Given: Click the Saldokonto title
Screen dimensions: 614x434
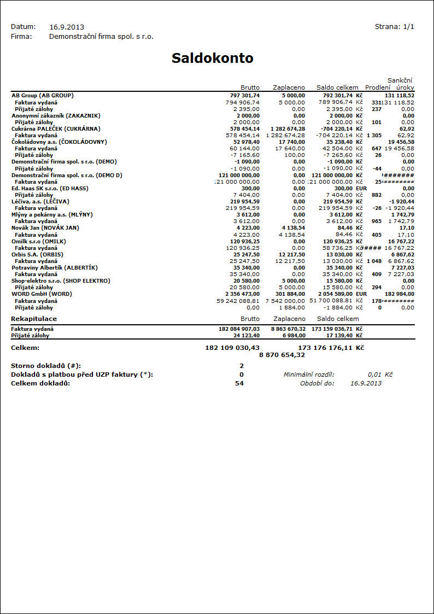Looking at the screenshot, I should (x=213, y=59).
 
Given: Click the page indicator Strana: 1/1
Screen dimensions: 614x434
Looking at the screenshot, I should (x=394, y=26).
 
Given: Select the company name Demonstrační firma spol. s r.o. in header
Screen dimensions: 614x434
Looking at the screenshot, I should (x=101, y=37).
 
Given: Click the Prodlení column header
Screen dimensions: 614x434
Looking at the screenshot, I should (x=378, y=87).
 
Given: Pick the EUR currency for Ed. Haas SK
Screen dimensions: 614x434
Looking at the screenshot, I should (x=361, y=188).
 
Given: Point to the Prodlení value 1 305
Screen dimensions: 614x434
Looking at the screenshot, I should (x=374, y=135).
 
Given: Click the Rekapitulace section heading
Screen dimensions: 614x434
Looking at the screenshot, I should (x=34, y=319).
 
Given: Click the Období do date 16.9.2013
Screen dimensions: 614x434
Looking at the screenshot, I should (x=366, y=383).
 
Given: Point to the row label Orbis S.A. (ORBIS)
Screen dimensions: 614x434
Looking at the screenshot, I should (x=37, y=254).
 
